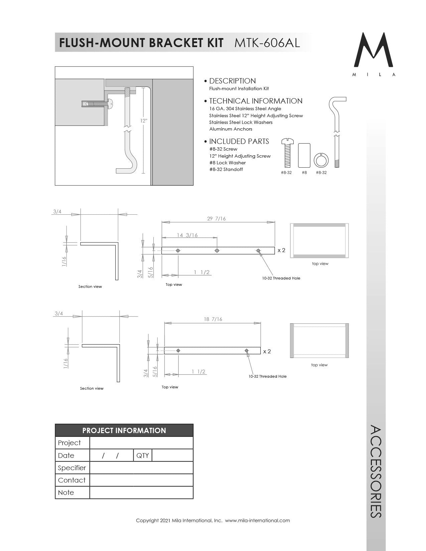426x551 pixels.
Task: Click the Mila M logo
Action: (x=373, y=50)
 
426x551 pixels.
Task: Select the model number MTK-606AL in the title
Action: (x=267, y=43)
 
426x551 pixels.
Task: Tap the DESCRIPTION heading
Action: (x=232, y=81)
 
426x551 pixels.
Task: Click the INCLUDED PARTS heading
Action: (x=239, y=141)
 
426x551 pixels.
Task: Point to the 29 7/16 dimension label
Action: (x=216, y=219)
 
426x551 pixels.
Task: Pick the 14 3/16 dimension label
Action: (x=187, y=235)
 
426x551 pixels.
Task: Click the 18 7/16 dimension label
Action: (x=213, y=319)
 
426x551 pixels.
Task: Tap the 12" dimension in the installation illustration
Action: (x=144, y=121)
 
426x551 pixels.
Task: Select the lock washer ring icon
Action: (x=321, y=160)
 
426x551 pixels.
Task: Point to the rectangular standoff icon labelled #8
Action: (x=304, y=155)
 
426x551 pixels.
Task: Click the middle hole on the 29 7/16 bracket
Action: (x=217, y=250)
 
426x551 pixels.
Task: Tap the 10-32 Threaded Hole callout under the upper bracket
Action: (x=281, y=278)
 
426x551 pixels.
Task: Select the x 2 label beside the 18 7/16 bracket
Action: (x=267, y=351)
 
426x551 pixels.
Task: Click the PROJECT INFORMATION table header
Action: (x=124, y=430)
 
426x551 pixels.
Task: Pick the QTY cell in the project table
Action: (x=143, y=455)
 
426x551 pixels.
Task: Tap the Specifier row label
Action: (x=72, y=468)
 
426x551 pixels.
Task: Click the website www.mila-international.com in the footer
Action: (x=257, y=520)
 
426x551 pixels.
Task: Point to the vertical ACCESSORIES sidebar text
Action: (x=376, y=471)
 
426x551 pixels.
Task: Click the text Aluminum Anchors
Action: (x=231, y=129)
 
